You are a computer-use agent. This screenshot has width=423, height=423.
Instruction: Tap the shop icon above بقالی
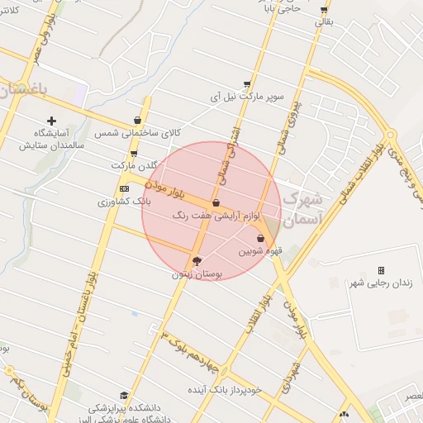coord(323,11)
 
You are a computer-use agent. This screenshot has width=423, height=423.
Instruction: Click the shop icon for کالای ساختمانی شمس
coord(137,121)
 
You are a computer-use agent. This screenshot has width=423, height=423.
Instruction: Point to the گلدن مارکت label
coord(133,165)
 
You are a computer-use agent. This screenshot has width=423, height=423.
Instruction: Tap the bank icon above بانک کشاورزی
coord(124,188)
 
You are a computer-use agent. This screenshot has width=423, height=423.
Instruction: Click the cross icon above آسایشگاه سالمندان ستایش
coord(52,121)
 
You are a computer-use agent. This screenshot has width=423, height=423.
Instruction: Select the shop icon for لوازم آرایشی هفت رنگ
coord(216,202)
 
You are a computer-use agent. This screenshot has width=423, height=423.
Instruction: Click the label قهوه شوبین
coord(261,250)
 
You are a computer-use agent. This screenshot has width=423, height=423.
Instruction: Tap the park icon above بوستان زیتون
coord(196,261)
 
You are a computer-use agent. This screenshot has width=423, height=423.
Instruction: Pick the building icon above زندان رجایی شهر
coord(381,270)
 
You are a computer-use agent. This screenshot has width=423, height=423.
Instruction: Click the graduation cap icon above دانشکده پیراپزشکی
coord(124,395)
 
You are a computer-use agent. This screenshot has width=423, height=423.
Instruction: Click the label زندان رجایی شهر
coord(380,283)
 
